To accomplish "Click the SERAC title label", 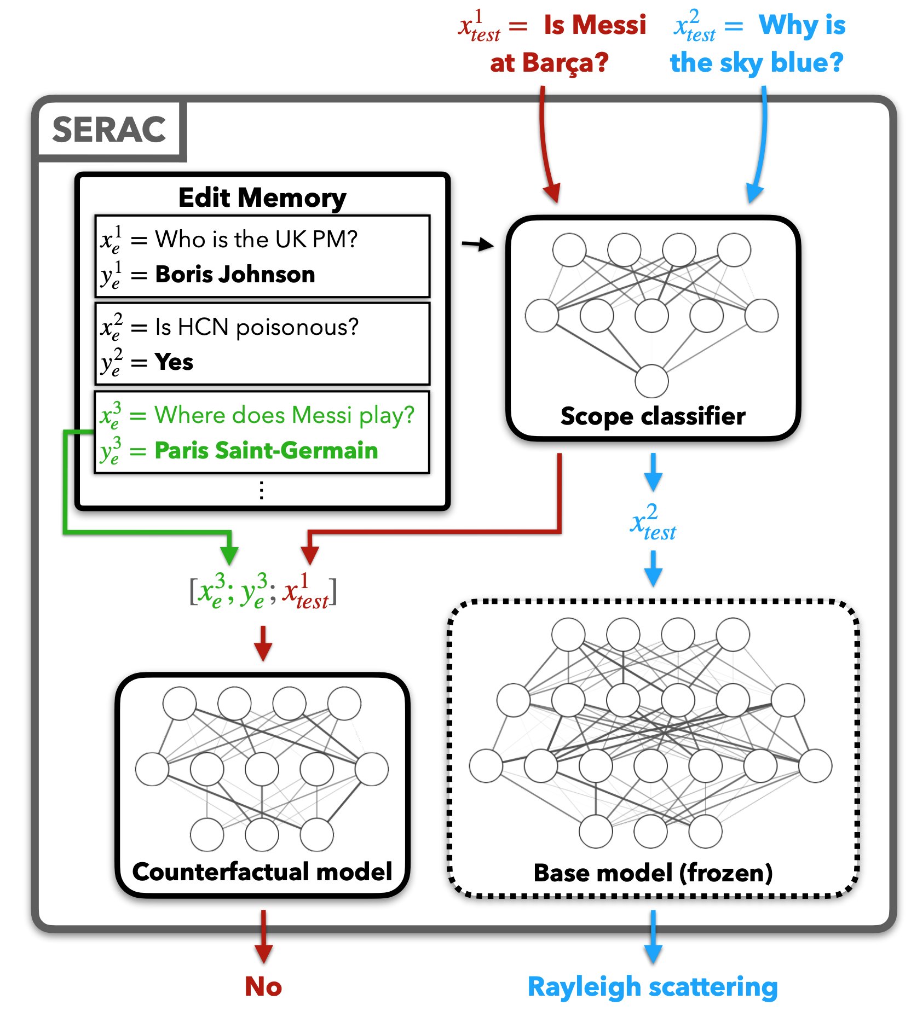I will [109, 130].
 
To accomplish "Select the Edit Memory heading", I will [262, 197].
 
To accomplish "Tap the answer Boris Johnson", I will [235, 274].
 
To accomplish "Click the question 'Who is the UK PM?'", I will [256, 239].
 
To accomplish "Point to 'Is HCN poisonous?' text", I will [257, 327].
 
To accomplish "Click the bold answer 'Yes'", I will [174, 362].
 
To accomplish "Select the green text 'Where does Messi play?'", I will [284, 415].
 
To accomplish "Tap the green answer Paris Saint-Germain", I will [266, 450].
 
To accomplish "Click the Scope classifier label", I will [653, 416].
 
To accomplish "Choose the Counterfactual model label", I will [262, 871].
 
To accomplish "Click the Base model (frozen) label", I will [653, 873].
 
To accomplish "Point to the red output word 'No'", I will [263, 986].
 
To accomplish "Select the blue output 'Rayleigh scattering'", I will [653, 986].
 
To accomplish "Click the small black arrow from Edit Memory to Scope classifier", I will [477, 244].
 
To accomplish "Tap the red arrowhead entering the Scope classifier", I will [552, 193].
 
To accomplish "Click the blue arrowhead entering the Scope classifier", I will [754, 193].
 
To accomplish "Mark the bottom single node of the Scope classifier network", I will [651, 381].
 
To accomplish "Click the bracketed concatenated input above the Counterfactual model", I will [263, 592].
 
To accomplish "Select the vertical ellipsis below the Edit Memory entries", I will [262, 490].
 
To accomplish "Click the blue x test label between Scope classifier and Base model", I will [653, 523].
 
